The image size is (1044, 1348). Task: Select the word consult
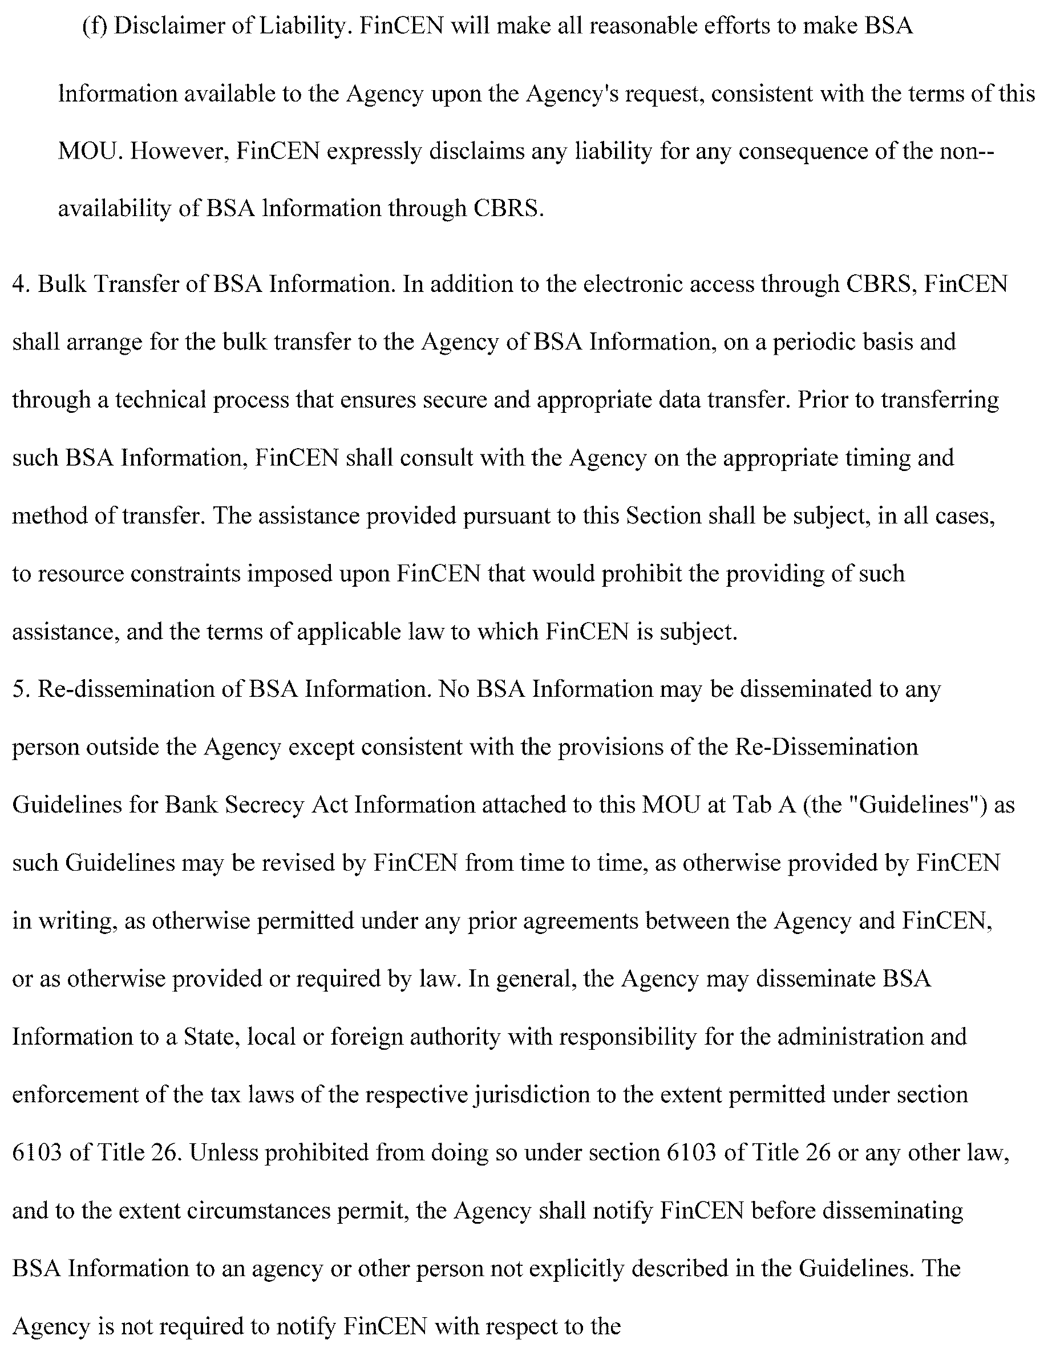(x=435, y=458)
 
